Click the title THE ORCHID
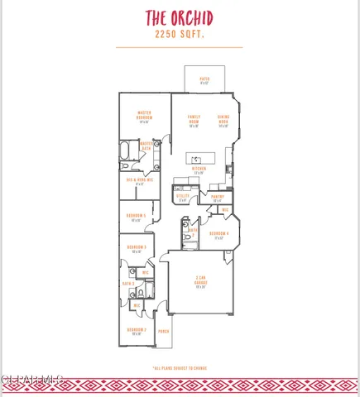tap(179, 18)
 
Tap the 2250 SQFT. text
tap(179, 36)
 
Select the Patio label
tap(204, 81)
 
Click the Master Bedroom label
tap(143, 117)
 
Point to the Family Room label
tap(194, 122)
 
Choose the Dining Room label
tap(223, 122)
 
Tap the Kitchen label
tap(199, 170)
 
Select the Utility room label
tap(183, 198)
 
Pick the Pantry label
tap(218, 198)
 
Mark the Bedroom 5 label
tap(137, 217)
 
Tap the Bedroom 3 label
tap(137, 249)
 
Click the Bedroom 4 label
tap(218, 235)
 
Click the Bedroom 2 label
tap(137, 332)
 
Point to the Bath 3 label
tap(128, 284)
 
